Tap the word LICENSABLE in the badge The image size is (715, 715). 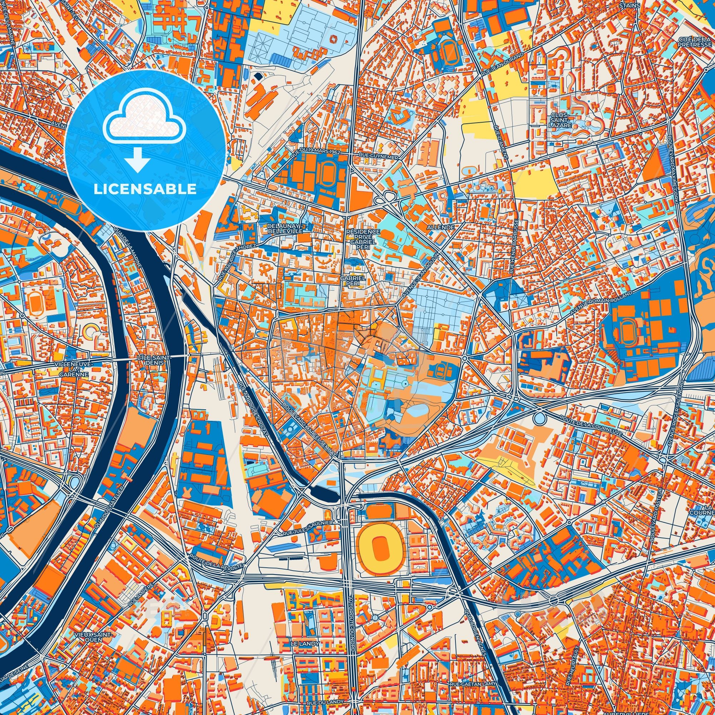(x=145, y=189)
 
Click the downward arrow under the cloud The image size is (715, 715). (x=137, y=159)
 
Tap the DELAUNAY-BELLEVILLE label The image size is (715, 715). (x=286, y=228)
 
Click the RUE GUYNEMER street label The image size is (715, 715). (x=378, y=157)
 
